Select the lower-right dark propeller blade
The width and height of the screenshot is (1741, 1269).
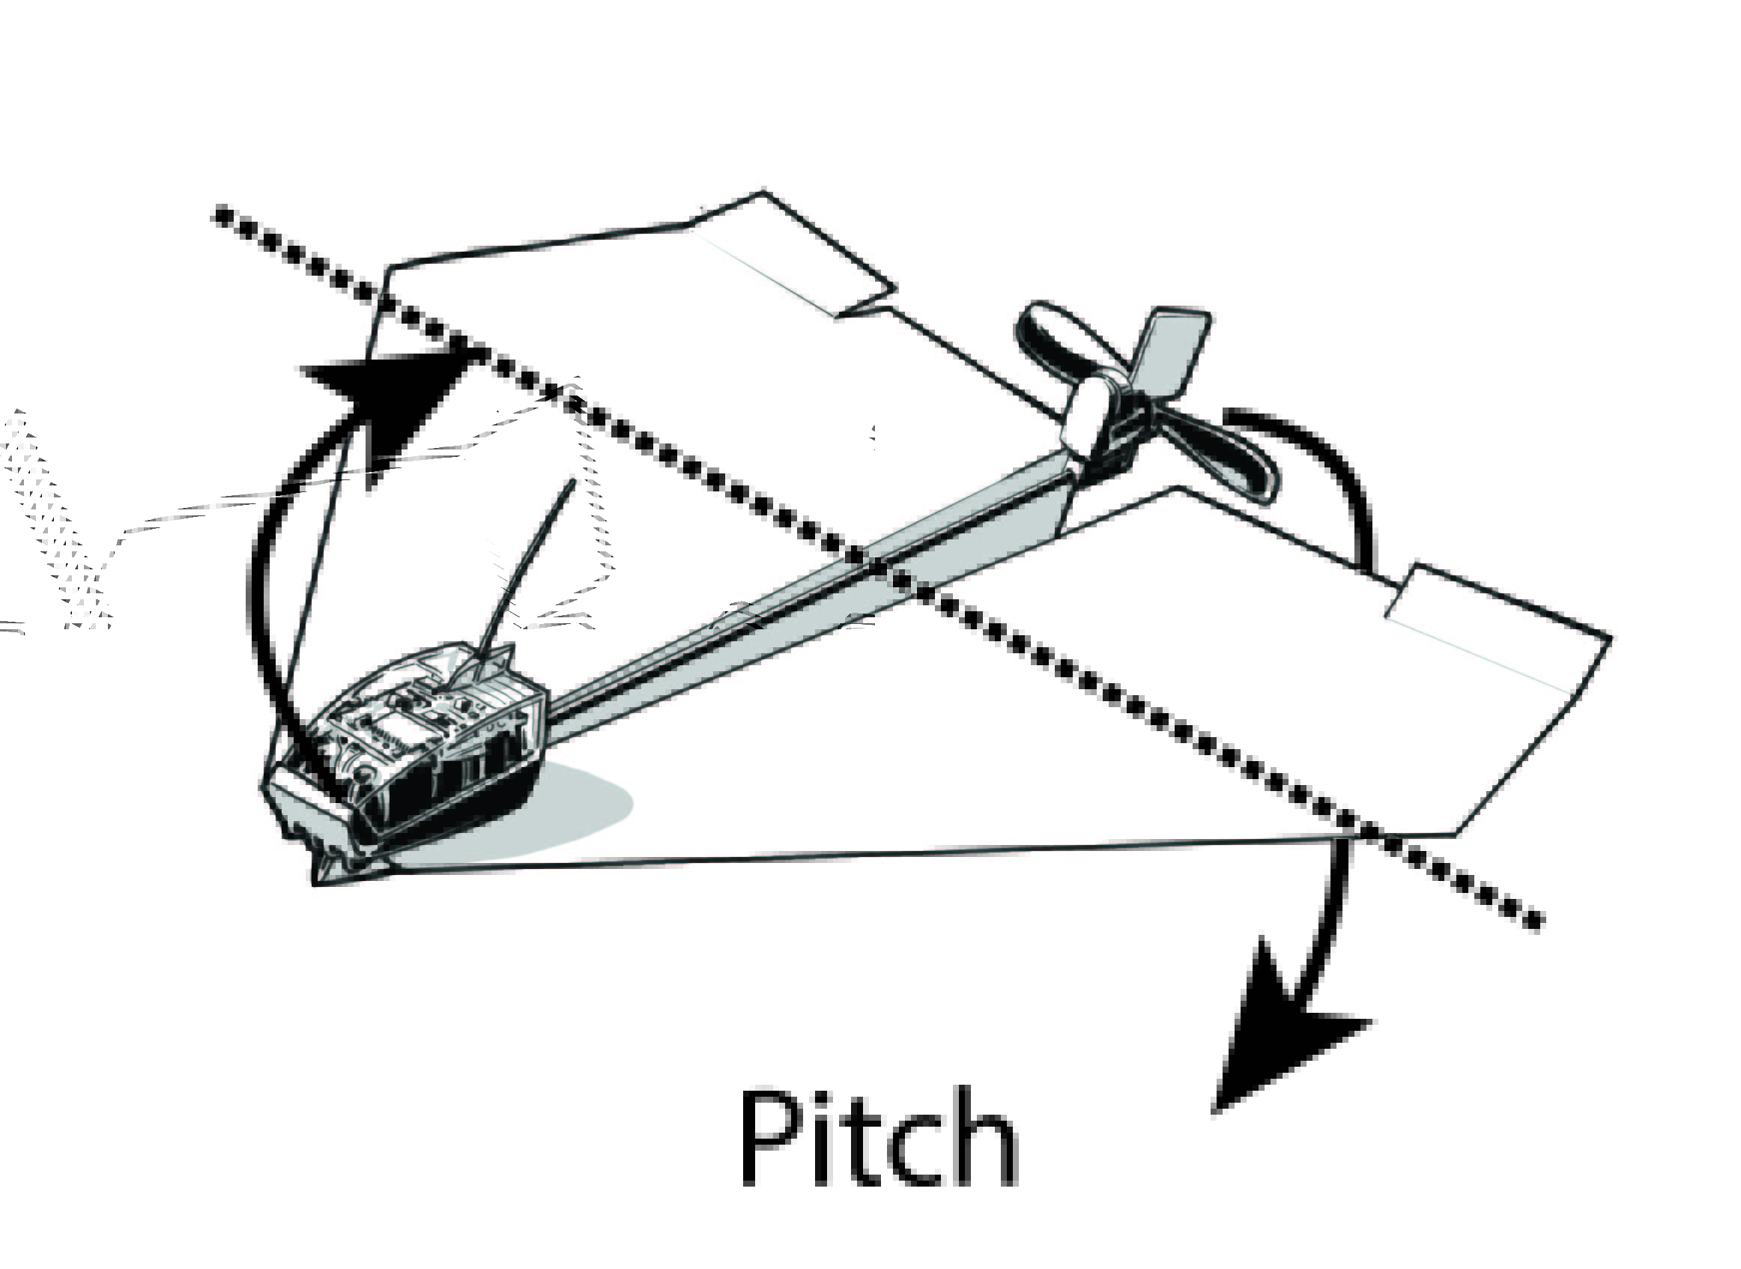point(1229,461)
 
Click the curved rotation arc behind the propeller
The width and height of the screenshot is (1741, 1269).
point(1336,476)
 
